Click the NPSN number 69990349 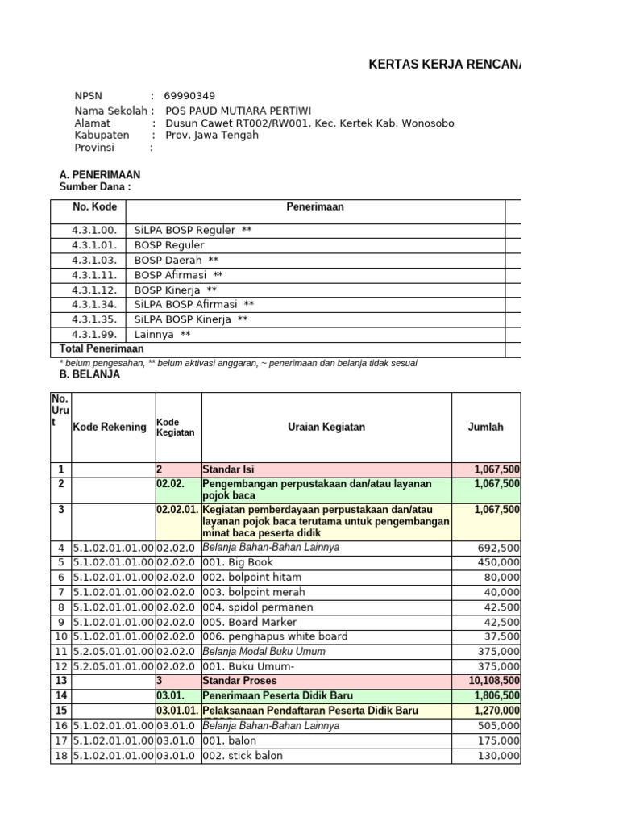click(189, 96)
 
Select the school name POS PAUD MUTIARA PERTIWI click(238, 111)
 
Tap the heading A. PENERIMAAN click(100, 174)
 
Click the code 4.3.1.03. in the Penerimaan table click(94, 260)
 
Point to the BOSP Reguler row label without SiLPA click(169, 245)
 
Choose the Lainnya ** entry click(163, 334)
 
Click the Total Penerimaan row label click(102, 348)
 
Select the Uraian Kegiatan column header click(326, 427)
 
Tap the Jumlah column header click(485, 427)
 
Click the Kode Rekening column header click(110, 427)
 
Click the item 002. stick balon click(243, 756)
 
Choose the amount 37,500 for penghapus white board click(502, 636)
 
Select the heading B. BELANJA click(90, 374)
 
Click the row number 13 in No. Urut click(60, 680)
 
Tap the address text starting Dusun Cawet click(309, 123)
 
